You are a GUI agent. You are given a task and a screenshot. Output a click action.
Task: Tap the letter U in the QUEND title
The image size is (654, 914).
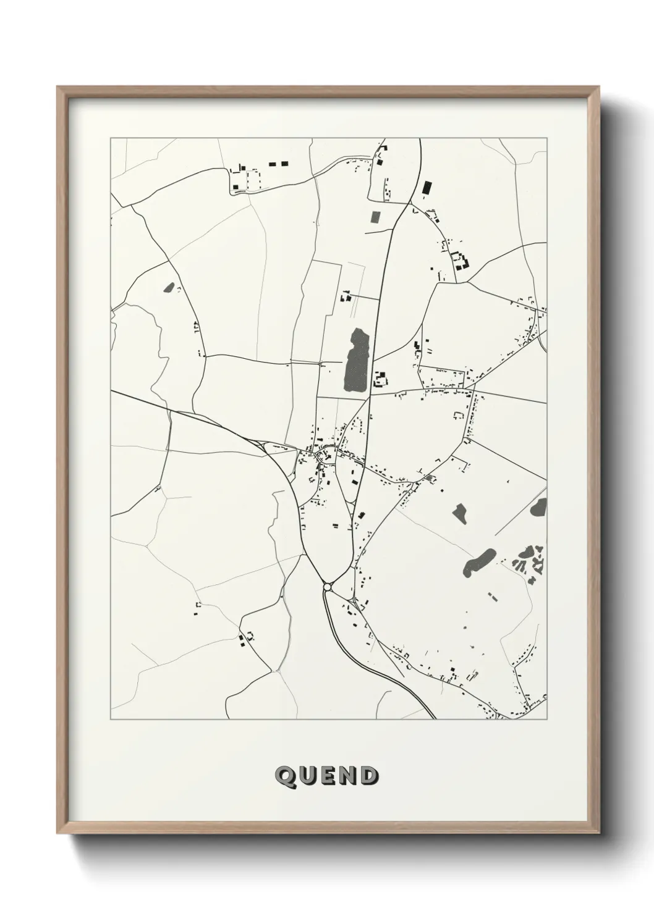coord(307,776)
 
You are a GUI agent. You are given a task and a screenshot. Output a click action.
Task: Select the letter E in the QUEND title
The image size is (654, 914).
coord(328,776)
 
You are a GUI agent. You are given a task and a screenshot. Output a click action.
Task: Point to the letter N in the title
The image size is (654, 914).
coord(348,776)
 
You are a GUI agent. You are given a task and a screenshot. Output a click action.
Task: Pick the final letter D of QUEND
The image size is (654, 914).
coord(369,776)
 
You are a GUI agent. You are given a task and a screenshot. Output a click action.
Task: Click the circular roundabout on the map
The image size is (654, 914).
coord(328,585)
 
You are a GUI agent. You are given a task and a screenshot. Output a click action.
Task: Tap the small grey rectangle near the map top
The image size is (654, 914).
coord(375,217)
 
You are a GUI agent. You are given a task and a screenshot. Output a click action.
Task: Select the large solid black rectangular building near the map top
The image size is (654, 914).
coord(426,188)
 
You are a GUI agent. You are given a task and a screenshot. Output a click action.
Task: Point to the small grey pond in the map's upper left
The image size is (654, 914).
coord(168,287)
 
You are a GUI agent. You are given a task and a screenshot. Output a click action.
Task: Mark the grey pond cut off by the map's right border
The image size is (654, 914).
coord(538,508)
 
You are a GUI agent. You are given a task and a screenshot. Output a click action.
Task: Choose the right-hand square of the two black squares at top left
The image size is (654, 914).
coord(284,164)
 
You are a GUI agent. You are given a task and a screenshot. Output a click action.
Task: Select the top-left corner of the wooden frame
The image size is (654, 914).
coord(59,88)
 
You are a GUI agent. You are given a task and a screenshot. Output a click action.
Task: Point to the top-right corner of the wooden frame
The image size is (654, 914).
coord(600,88)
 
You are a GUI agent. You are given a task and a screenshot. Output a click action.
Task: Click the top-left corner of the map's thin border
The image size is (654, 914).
coord(111,138)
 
